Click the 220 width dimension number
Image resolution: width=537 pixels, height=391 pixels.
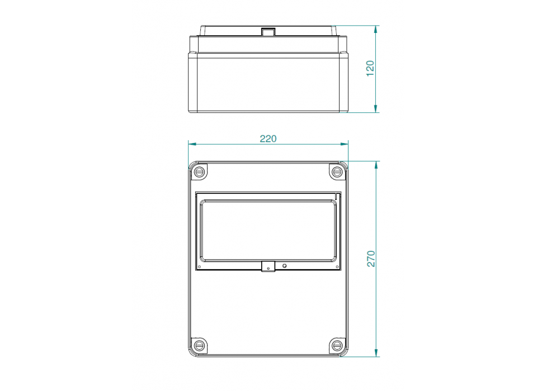tap(268, 139)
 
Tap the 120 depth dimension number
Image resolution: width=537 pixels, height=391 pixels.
tap(370, 68)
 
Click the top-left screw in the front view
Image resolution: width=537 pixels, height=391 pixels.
tap(199, 171)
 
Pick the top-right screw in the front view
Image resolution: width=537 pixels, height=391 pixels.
tap(337, 171)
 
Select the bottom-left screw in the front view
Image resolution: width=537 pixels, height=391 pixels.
tap(199, 346)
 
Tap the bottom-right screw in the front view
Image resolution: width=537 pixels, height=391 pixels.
tap(337, 346)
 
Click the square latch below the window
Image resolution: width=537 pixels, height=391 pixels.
tap(268, 268)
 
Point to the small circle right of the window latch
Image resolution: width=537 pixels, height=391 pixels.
tap(285, 266)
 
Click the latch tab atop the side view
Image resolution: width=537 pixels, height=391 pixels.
tap(268, 32)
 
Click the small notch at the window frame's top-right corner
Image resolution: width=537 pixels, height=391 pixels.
tap(338, 195)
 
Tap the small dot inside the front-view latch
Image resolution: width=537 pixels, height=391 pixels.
tap(268, 269)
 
